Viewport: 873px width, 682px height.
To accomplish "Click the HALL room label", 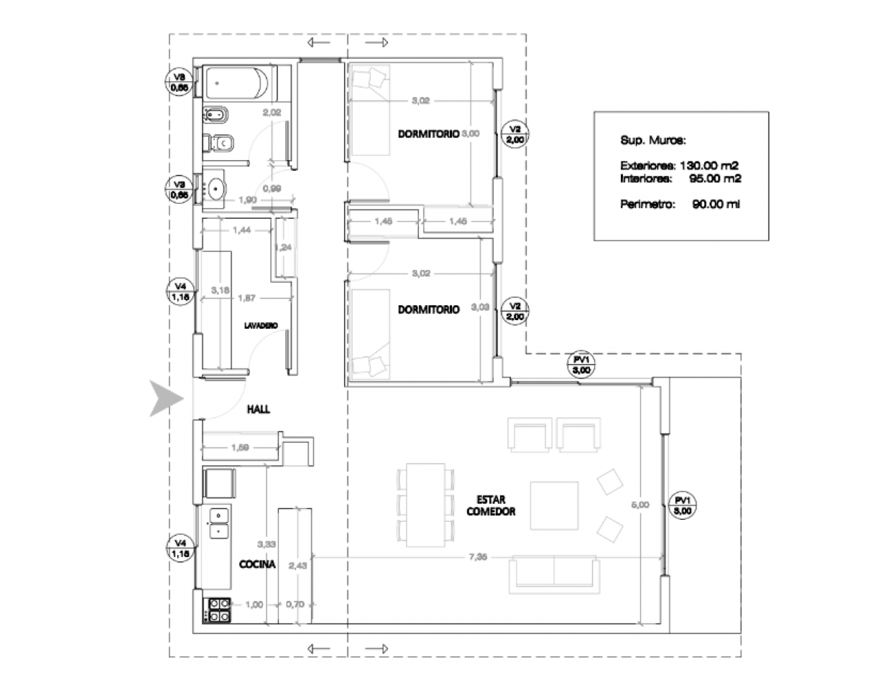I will click(258, 408).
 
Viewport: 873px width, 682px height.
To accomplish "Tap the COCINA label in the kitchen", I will click(257, 565).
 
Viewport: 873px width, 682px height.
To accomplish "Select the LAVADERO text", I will click(261, 324).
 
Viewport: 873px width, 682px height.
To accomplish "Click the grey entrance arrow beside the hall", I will click(165, 399).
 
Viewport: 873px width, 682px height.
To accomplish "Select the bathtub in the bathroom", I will click(236, 85).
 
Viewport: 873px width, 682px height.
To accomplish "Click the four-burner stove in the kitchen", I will click(218, 610).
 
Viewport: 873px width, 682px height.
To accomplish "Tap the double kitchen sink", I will click(218, 523).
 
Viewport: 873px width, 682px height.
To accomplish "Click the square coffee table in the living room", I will click(555, 505).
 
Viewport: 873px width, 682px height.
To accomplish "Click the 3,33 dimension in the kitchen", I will click(267, 544).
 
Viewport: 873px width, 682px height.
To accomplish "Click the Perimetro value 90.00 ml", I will click(716, 205).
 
